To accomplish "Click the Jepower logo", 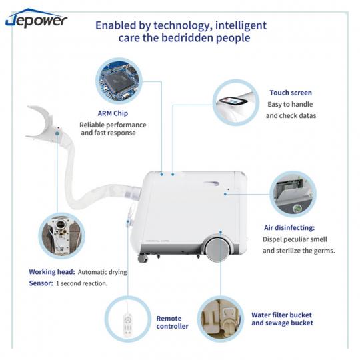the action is coord(36,19).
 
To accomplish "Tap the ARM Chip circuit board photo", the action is coord(119,81).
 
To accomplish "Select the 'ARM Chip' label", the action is coord(113,113).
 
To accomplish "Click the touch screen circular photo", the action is coord(236,103).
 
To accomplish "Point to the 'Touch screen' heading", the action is coord(291,93).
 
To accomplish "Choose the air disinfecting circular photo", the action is coord(293,194).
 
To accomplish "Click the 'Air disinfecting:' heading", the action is coord(289,228).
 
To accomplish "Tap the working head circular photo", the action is coord(61,236).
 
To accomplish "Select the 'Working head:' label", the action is coord(52,272).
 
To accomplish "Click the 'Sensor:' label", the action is coord(41,283).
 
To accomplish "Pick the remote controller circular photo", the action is coord(128,319).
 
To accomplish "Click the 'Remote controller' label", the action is coord(172,323).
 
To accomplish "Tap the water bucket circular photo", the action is coord(221,319).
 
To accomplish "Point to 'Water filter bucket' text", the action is coord(281,315).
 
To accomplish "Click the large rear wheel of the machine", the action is coord(217,249).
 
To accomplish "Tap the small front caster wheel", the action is coord(143,259).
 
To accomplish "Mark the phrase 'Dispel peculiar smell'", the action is coord(295,239).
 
